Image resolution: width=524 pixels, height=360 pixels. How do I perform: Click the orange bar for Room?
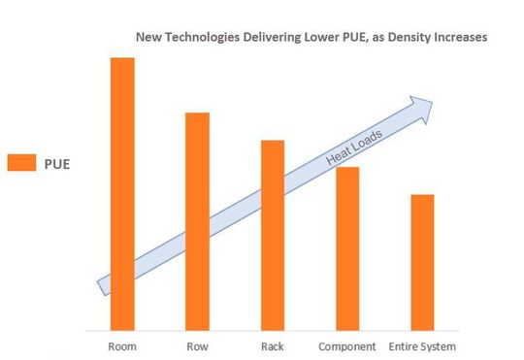pyautogui.click(x=122, y=194)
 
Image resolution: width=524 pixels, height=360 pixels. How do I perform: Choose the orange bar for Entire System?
pyautogui.click(x=422, y=262)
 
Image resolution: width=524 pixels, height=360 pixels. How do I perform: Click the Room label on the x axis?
pyautogui.click(x=122, y=346)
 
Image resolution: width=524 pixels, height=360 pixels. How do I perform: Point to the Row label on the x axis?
pyautogui.click(x=197, y=346)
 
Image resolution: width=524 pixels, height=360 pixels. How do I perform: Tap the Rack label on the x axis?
pyautogui.click(x=273, y=346)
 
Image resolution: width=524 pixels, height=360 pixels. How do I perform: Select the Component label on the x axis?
pyautogui.click(x=347, y=346)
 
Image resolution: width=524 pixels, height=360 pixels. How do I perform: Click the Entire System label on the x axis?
pyautogui.click(x=422, y=346)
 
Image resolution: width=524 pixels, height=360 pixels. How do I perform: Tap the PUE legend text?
pyautogui.click(x=57, y=163)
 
